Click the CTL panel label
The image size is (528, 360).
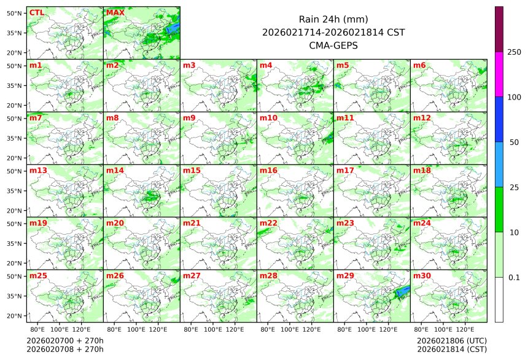click(36, 12)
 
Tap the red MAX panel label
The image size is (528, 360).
click(115, 12)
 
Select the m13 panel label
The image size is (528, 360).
click(38, 170)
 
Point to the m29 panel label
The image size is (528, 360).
click(345, 276)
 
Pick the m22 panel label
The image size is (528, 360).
click(268, 223)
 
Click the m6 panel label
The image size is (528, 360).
click(420, 65)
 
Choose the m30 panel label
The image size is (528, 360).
click(422, 276)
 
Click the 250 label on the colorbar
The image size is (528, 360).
click(514, 52)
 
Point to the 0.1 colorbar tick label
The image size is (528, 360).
click(514, 277)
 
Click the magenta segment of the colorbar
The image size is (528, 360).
click(499, 74)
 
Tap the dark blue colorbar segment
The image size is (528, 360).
click(499, 119)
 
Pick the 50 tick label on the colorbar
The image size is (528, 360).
click(514, 142)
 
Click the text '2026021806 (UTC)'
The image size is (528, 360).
click(452, 340)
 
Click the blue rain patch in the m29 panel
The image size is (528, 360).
click(403, 291)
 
